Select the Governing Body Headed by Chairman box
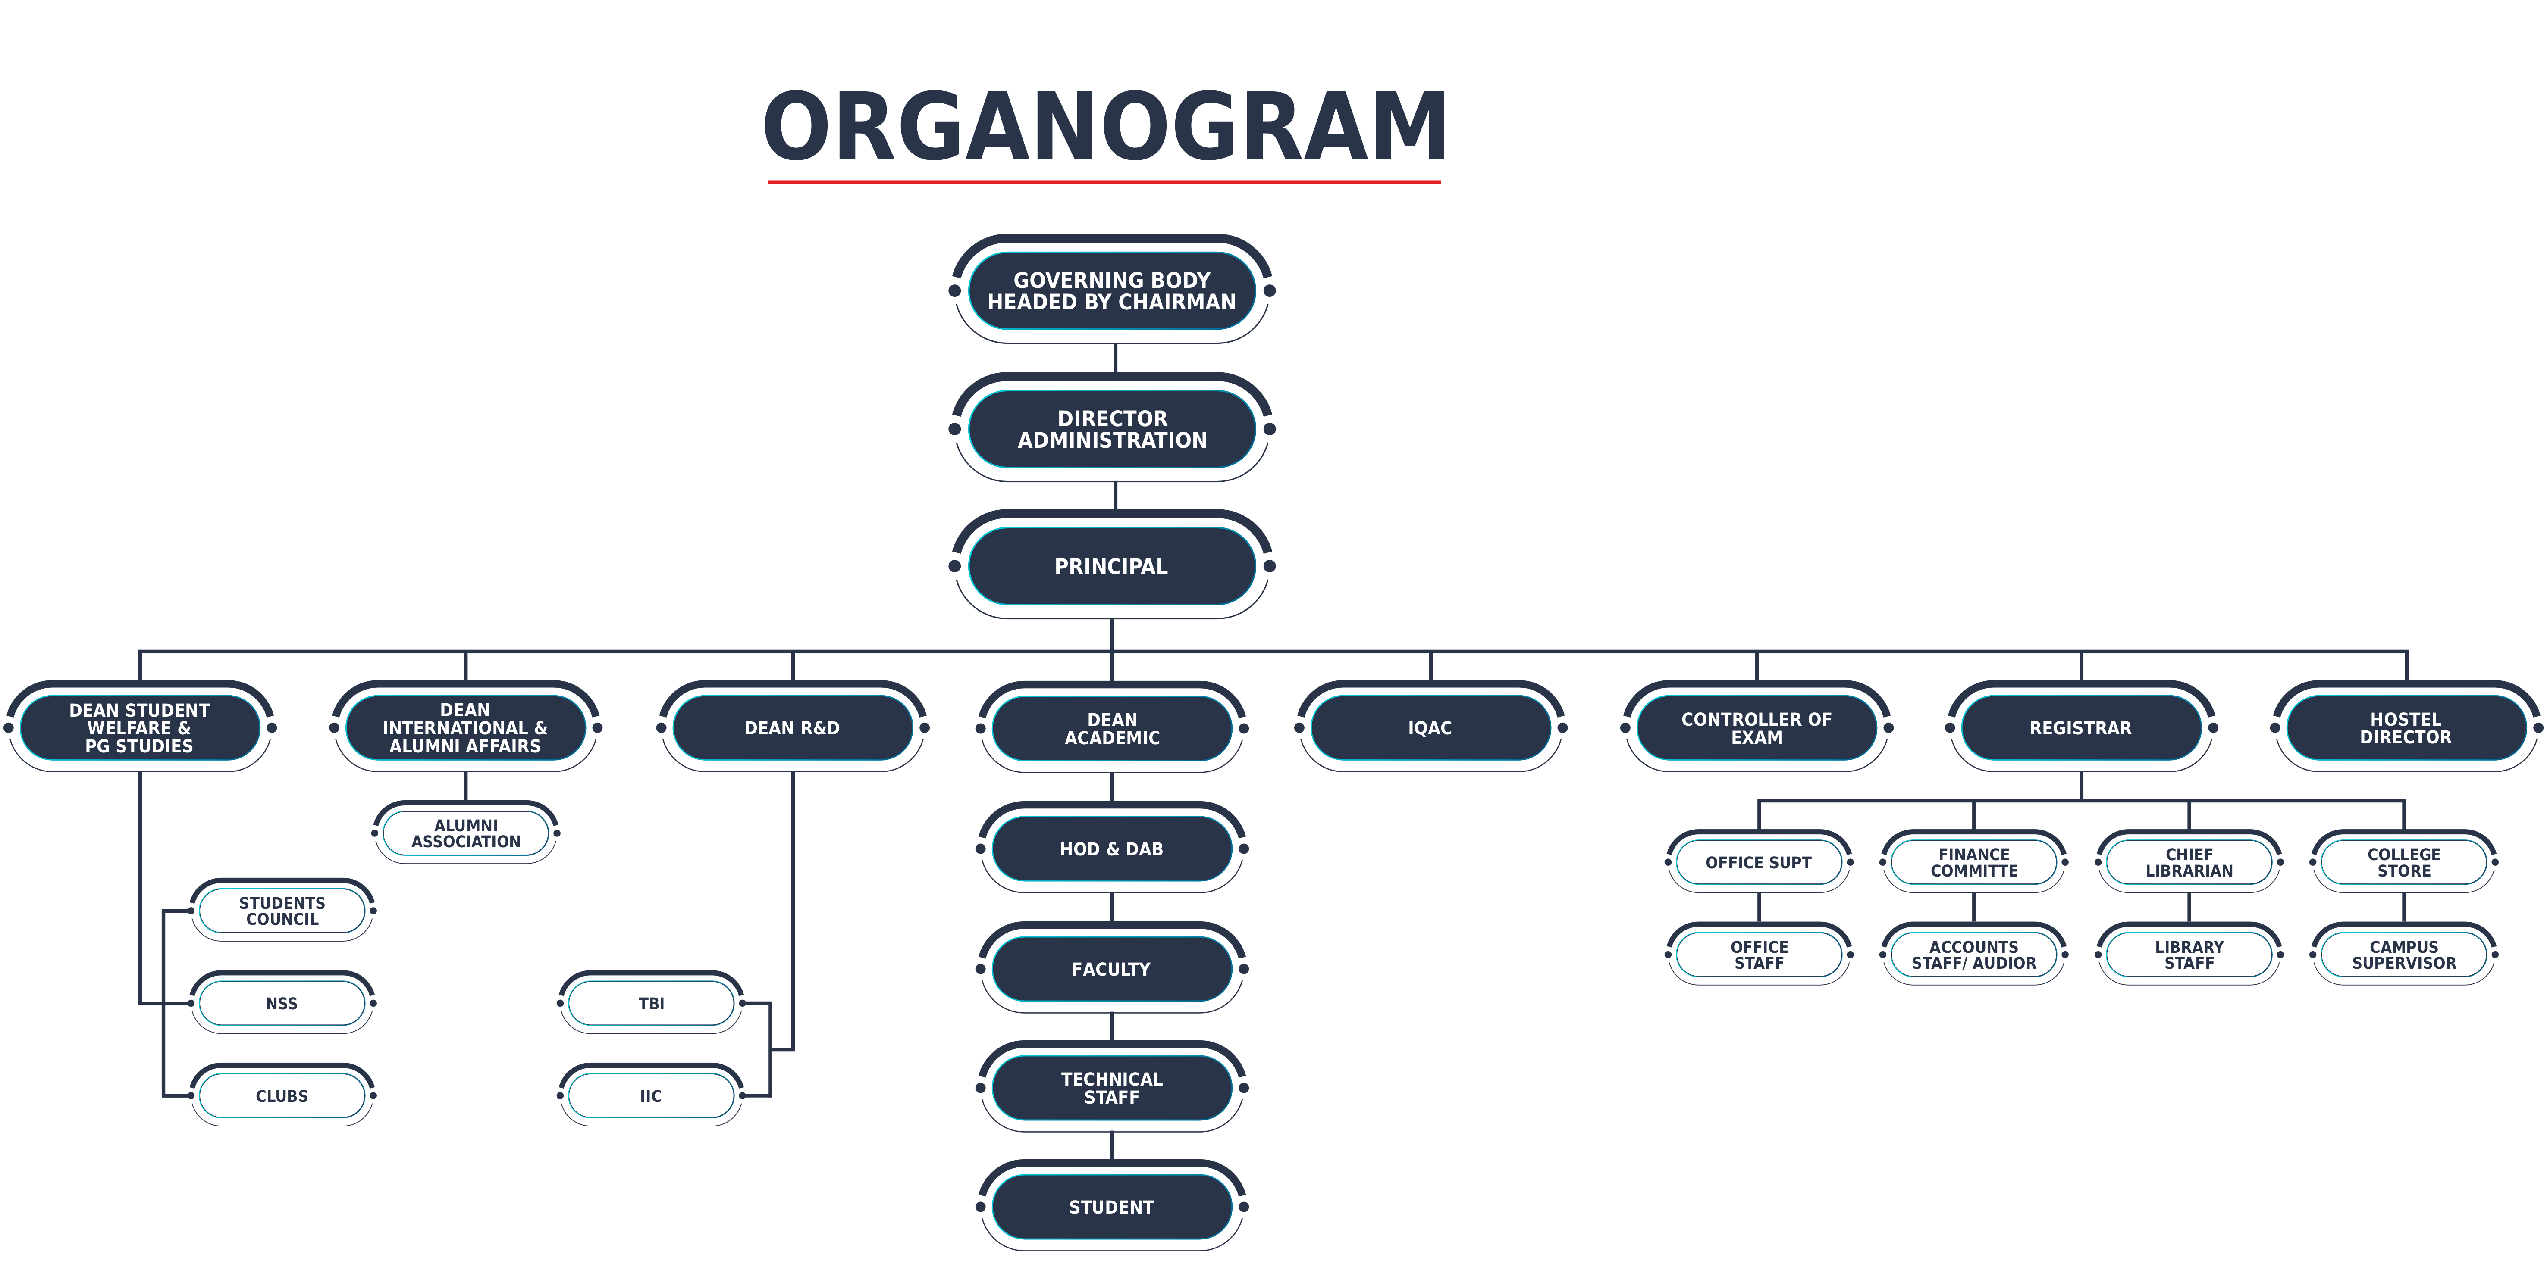point(1111,290)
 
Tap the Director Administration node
point(1111,429)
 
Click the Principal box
point(1111,566)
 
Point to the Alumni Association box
point(466,833)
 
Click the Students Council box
point(282,910)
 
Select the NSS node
point(282,1003)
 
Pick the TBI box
point(651,1003)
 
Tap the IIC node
point(651,1096)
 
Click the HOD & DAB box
point(1111,849)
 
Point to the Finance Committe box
point(1973,862)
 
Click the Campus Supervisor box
point(2404,955)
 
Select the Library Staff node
point(2189,955)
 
